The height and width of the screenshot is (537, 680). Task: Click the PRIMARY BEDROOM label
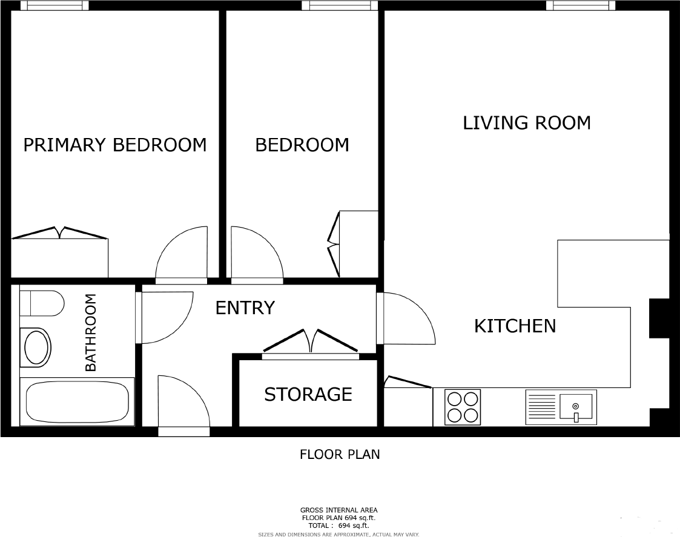pos(114,145)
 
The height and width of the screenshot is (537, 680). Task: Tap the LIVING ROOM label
pos(527,123)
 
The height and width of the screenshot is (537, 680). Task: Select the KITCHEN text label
pos(515,326)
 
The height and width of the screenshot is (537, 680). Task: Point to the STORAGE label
pos(308,395)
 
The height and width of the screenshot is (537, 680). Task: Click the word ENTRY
pos(245,308)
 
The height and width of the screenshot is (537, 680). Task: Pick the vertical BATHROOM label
pos(91,332)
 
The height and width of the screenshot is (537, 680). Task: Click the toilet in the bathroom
pos(42,303)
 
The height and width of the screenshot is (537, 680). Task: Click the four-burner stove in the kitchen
pos(463,406)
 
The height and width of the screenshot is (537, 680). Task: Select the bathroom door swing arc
pos(165,316)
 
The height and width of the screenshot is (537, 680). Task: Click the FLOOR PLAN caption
pos(340,454)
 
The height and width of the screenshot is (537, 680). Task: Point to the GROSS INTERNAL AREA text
pos(338,510)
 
